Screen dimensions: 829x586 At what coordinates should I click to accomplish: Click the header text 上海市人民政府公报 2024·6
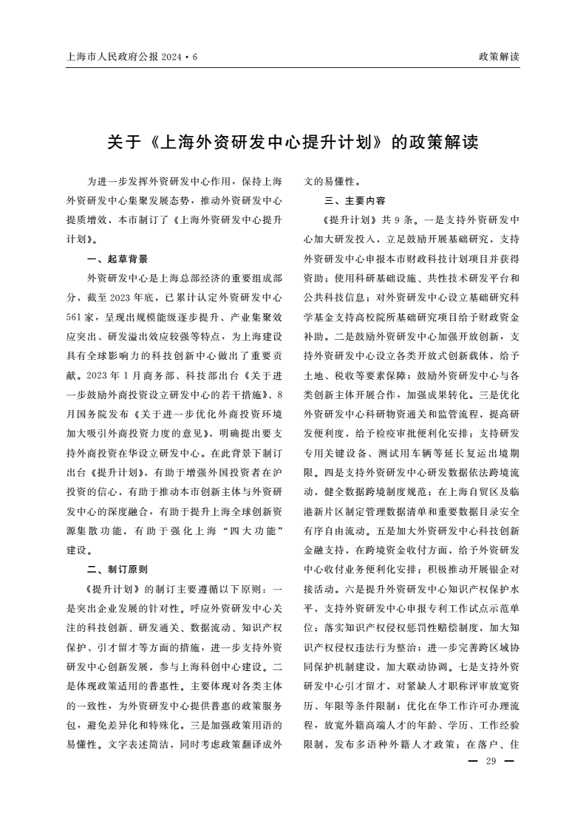(x=132, y=56)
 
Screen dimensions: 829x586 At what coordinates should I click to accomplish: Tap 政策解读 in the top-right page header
(x=499, y=56)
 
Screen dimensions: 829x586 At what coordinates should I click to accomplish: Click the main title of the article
(x=293, y=141)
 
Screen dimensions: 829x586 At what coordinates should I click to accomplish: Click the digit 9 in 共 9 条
(x=398, y=220)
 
